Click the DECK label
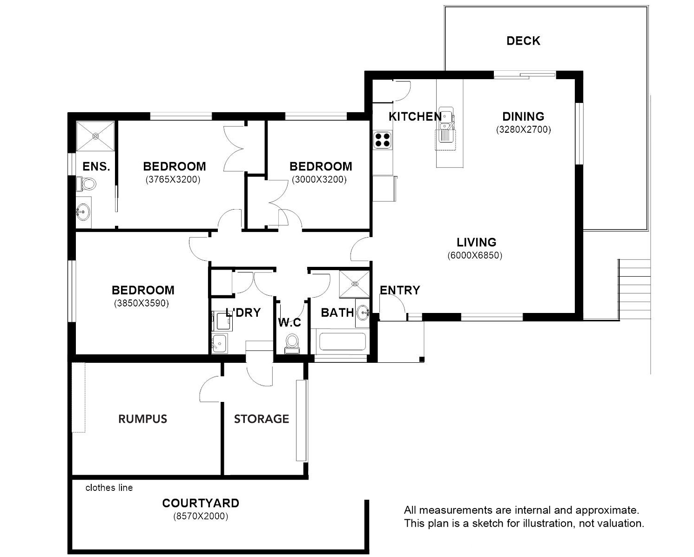[523, 41]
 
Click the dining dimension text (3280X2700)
[523, 129]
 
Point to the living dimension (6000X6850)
[475, 255]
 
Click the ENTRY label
[400, 290]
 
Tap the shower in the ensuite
[95, 136]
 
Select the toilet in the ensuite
[86, 184]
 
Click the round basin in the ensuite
[83, 212]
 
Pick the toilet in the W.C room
[292, 343]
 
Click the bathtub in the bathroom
[343, 341]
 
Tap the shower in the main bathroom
[354, 284]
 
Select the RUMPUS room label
[142, 419]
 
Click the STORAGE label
[261, 419]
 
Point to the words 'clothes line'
[109, 488]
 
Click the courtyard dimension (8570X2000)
[201, 516]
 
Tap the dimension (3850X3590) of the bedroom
[141, 303]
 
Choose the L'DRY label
[243, 312]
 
